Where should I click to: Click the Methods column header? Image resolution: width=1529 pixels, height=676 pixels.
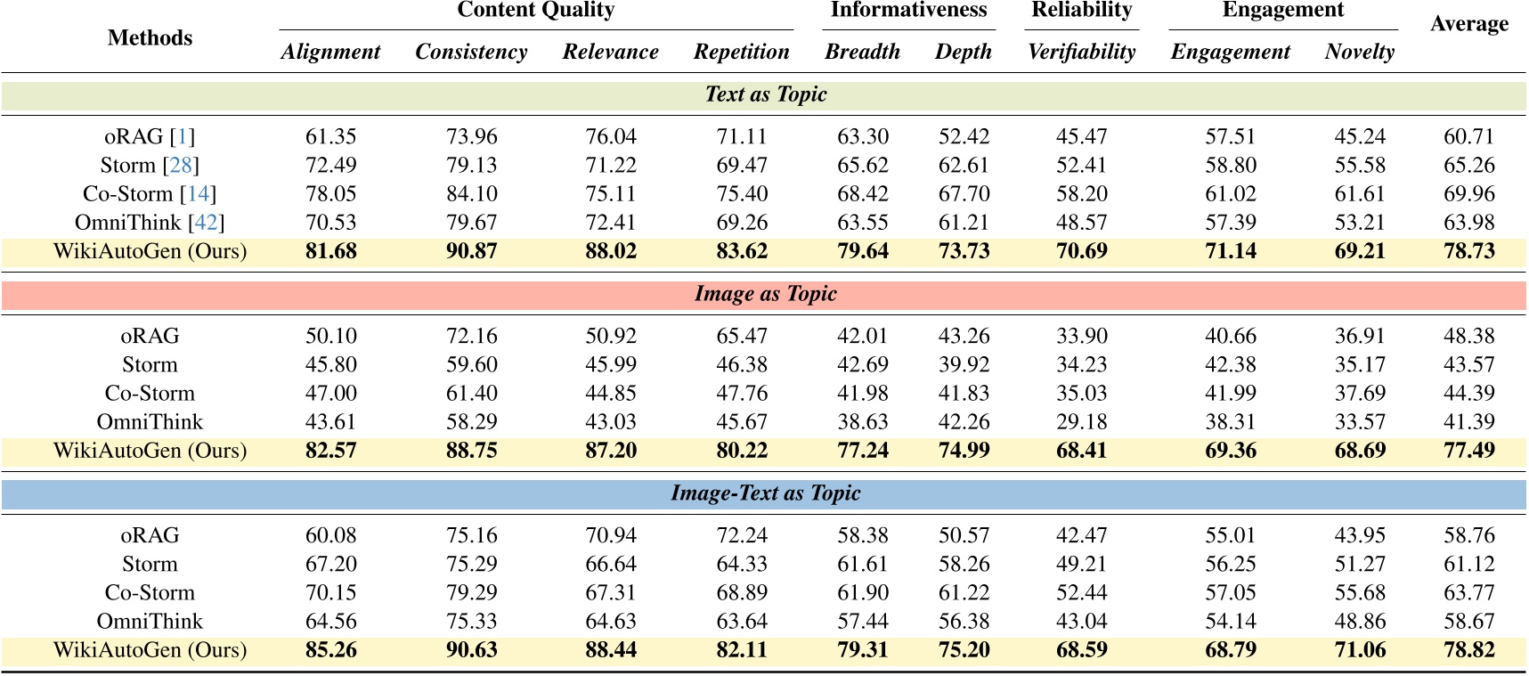coord(150,37)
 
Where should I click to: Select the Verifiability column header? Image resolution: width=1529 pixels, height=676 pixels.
coord(1081,52)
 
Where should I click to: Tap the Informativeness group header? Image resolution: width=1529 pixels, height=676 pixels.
coord(908,10)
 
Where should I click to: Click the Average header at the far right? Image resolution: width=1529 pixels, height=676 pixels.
coord(1468,24)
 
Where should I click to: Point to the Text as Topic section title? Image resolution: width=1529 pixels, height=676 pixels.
coord(765,94)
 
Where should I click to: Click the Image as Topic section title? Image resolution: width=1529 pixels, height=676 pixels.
coord(765,294)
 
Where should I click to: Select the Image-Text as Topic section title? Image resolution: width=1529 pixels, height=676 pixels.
coord(765,493)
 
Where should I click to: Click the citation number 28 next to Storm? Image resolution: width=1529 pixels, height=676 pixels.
coord(181,166)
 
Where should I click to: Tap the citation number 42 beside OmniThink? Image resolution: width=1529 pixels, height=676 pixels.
coord(207,223)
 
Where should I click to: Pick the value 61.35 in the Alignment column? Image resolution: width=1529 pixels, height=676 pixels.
coord(330,137)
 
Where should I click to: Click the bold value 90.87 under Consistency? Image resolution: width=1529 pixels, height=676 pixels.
coord(471,251)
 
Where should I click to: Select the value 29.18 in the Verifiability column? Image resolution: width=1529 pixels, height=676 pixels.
coord(1081,422)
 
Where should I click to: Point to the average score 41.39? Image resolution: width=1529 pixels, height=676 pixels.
coord(1468,422)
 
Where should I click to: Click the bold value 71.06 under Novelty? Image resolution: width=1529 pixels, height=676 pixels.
coord(1359,650)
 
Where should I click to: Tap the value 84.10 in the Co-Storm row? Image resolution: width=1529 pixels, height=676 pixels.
coord(471,194)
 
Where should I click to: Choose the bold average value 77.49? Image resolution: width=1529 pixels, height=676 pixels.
coord(1468,451)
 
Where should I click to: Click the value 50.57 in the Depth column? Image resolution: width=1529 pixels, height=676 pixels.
coord(964,536)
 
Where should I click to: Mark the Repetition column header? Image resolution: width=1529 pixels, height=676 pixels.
coord(741,52)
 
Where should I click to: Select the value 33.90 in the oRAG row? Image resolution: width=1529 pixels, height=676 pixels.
coord(1081,337)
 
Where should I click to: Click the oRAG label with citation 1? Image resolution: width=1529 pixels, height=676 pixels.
coord(150,137)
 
